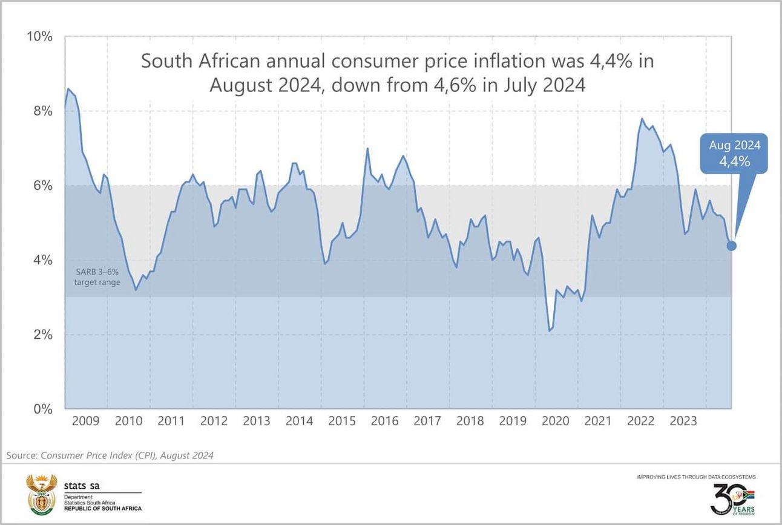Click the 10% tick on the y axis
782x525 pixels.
coord(40,37)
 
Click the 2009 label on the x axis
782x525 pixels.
coord(87,421)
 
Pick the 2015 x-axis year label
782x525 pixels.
coord(343,421)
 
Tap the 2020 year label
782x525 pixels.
coord(556,421)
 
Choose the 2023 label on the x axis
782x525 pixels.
coord(684,421)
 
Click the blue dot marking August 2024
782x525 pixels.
coord(731,246)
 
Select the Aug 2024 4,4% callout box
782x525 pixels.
coord(734,154)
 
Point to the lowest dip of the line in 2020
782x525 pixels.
coord(549,331)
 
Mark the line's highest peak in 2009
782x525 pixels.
coord(68,89)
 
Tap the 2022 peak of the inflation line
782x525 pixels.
coord(642,119)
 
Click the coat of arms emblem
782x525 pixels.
coord(42,494)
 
